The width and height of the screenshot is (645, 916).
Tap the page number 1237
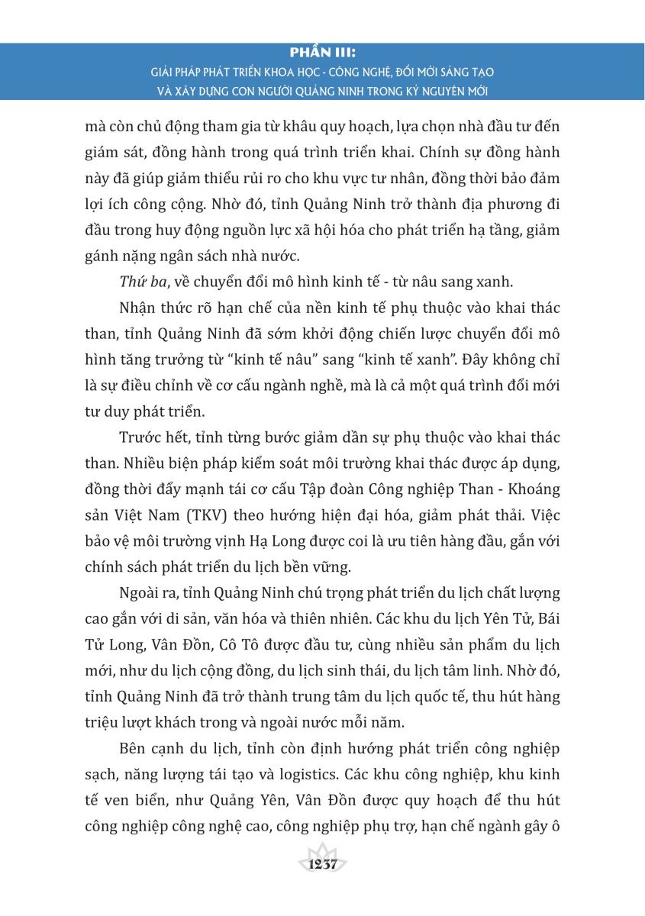(x=323, y=865)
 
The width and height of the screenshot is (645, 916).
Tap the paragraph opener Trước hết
(x=153, y=437)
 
